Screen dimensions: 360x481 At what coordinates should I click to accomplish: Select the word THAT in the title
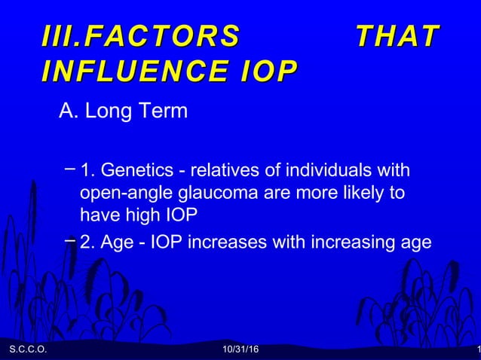(x=397, y=35)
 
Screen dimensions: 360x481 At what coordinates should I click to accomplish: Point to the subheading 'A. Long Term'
(x=123, y=112)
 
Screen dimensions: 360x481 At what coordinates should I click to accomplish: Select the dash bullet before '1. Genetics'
(x=69, y=165)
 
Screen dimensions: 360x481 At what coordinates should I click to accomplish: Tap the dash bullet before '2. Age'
(x=69, y=240)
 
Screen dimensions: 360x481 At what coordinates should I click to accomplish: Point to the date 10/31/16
(x=240, y=350)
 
